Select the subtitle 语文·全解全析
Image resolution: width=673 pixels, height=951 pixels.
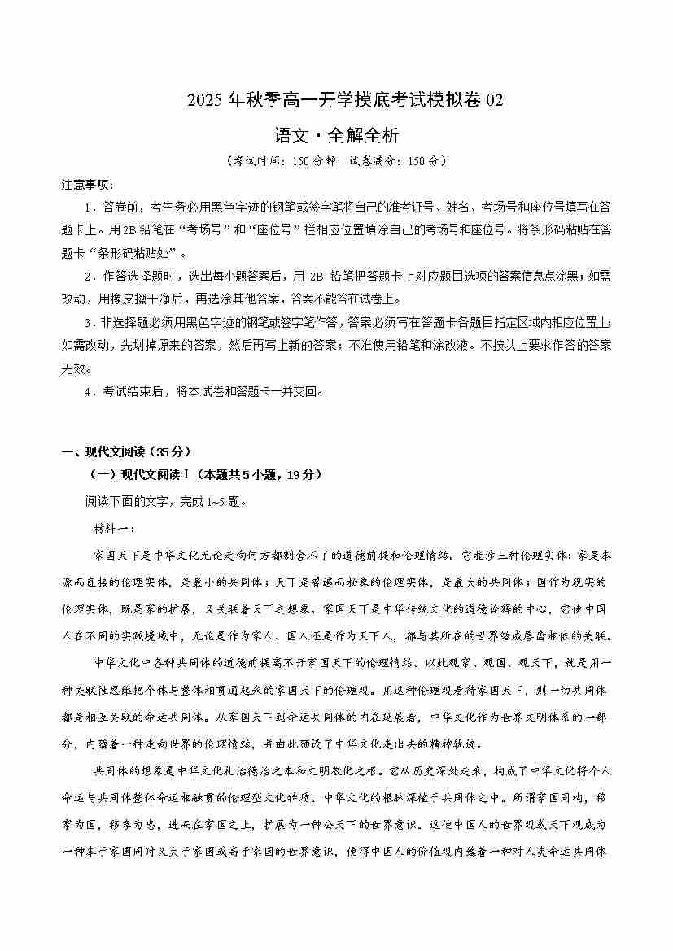336,134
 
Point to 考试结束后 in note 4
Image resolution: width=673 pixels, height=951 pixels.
132,391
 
